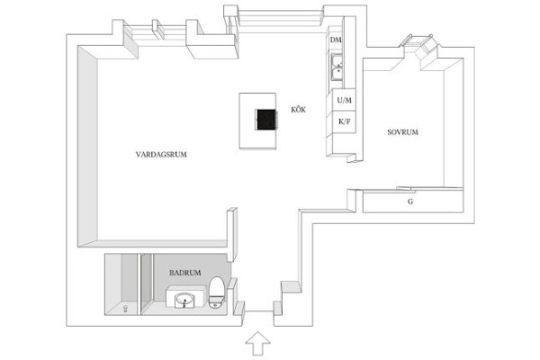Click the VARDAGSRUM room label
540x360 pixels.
[x=161, y=154]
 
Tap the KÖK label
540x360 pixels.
[x=298, y=110]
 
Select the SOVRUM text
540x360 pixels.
[x=402, y=132]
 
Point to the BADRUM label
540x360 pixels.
[x=184, y=273]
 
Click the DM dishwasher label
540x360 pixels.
[x=336, y=40]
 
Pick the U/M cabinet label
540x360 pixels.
[x=345, y=100]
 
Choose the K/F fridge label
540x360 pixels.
[x=345, y=121]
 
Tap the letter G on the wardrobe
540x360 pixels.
[x=410, y=202]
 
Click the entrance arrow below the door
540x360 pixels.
[x=257, y=343]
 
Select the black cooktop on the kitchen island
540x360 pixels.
[x=265, y=120]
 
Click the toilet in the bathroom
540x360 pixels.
[x=217, y=292]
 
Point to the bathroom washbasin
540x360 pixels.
[x=184, y=301]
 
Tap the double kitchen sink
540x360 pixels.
[x=337, y=67]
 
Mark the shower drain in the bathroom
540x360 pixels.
[x=125, y=308]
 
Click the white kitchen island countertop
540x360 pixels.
[x=258, y=121]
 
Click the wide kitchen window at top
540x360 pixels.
[x=281, y=19]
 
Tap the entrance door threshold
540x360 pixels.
[x=259, y=311]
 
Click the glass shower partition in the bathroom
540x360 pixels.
[x=139, y=284]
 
